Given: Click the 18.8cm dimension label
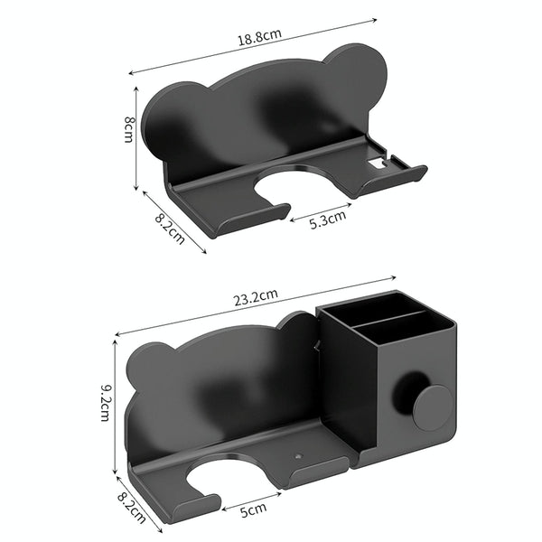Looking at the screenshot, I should (x=258, y=35).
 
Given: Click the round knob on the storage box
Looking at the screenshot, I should (x=432, y=406).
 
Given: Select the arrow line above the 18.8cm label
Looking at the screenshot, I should (x=253, y=46).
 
